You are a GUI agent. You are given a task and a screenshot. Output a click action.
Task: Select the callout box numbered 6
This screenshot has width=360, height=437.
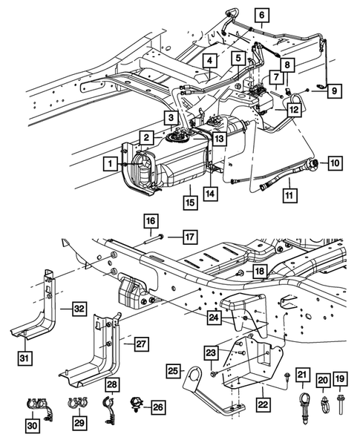tap(261, 14)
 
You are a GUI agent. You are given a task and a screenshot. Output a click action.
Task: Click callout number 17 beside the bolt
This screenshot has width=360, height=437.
tap(189, 237)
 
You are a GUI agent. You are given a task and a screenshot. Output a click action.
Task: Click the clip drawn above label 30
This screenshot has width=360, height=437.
tap(32, 406)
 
